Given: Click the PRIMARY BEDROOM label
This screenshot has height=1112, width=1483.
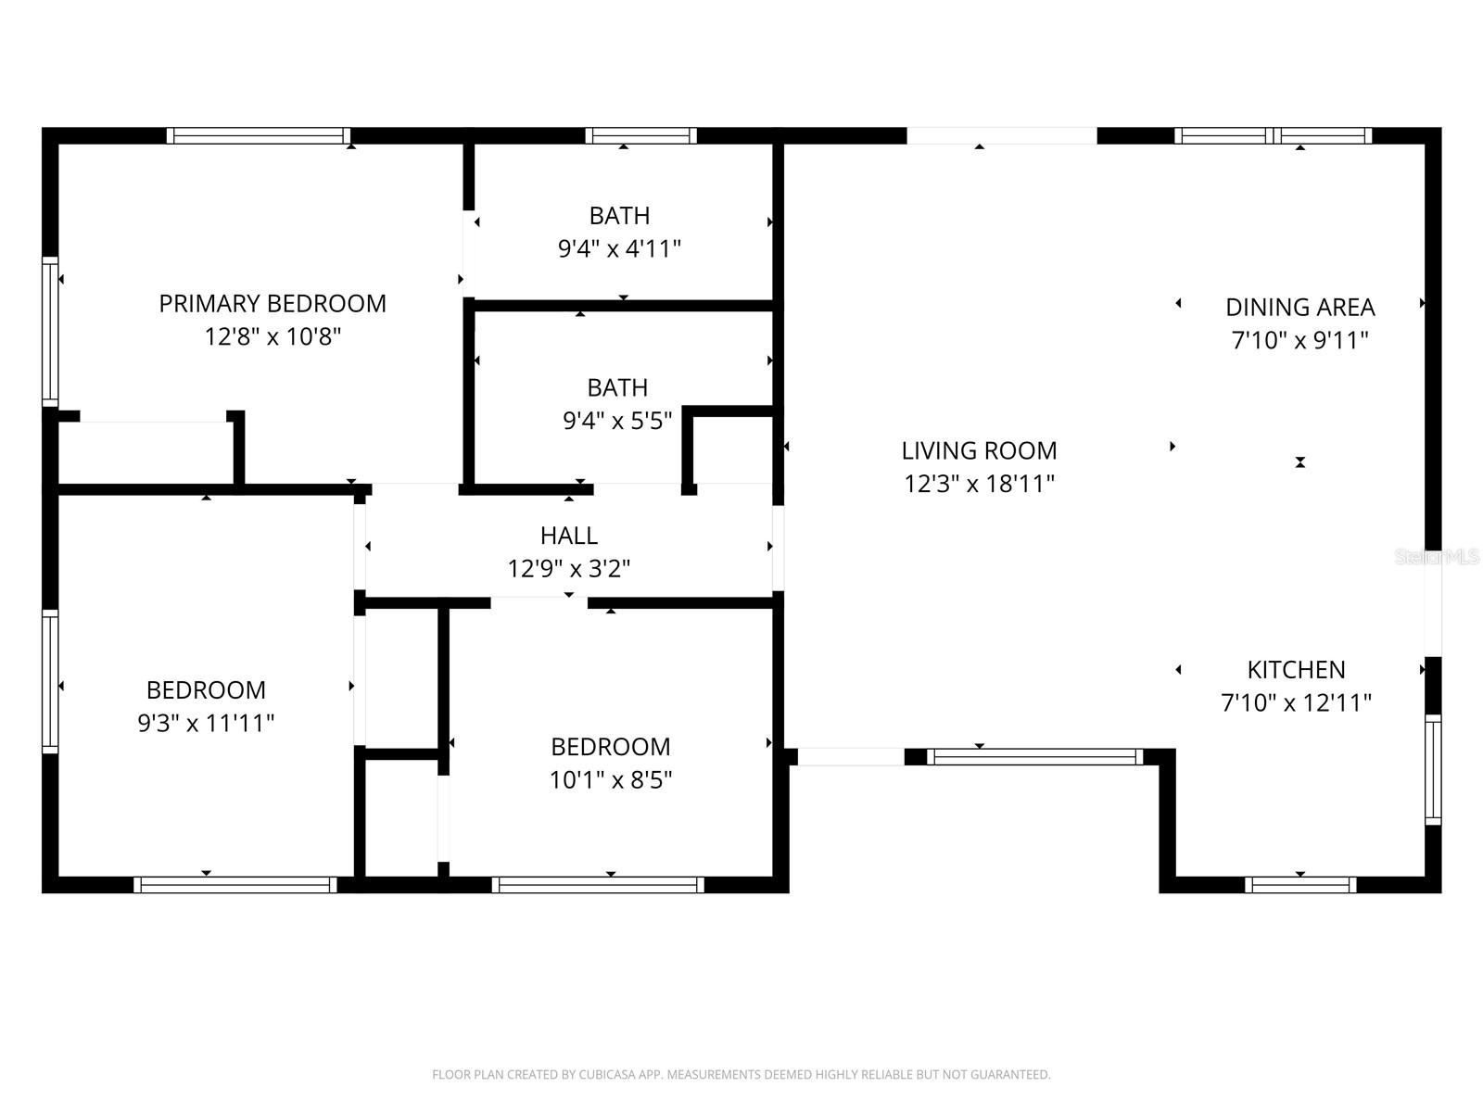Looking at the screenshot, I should click(x=273, y=304).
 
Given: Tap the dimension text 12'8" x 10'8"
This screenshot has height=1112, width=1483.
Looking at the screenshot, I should click(x=273, y=336).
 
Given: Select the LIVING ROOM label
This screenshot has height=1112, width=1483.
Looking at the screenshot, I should click(x=979, y=451).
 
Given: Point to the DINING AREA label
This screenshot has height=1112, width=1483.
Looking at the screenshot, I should click(x=1299, y=308).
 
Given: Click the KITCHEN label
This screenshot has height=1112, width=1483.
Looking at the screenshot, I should click(x=1296, y=670).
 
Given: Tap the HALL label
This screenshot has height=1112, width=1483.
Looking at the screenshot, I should click(x=569, y=536).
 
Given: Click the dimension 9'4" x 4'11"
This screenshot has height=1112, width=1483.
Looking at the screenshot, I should click(x=619, y=249).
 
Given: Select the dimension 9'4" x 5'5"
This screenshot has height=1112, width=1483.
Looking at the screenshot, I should click(x=617, y=422).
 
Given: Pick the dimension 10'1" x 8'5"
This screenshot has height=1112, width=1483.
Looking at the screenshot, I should click(x=610, y=780).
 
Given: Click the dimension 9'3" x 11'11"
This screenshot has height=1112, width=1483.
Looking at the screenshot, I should click(x=206, y=724).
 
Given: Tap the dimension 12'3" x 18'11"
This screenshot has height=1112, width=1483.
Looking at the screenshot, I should click(x=979, y=484).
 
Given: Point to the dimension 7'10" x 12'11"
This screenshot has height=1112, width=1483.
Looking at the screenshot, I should click(x=1296, y=703).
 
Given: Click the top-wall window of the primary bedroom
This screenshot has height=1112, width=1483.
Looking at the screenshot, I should click(x=259, y=136).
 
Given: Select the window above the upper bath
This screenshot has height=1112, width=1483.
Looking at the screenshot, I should click(x=640, y=136).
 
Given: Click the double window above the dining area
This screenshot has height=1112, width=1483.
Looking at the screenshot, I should click(x=1273, y=136).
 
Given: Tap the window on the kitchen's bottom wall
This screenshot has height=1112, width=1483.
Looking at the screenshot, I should click(x=1300, y=885).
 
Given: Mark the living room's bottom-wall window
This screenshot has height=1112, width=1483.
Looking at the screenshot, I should click(x=1034, y=757).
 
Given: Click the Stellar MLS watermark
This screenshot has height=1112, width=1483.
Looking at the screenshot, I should click(x=1437, y=557).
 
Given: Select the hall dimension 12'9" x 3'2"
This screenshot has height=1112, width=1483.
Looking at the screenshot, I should click(x=569, y=569).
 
